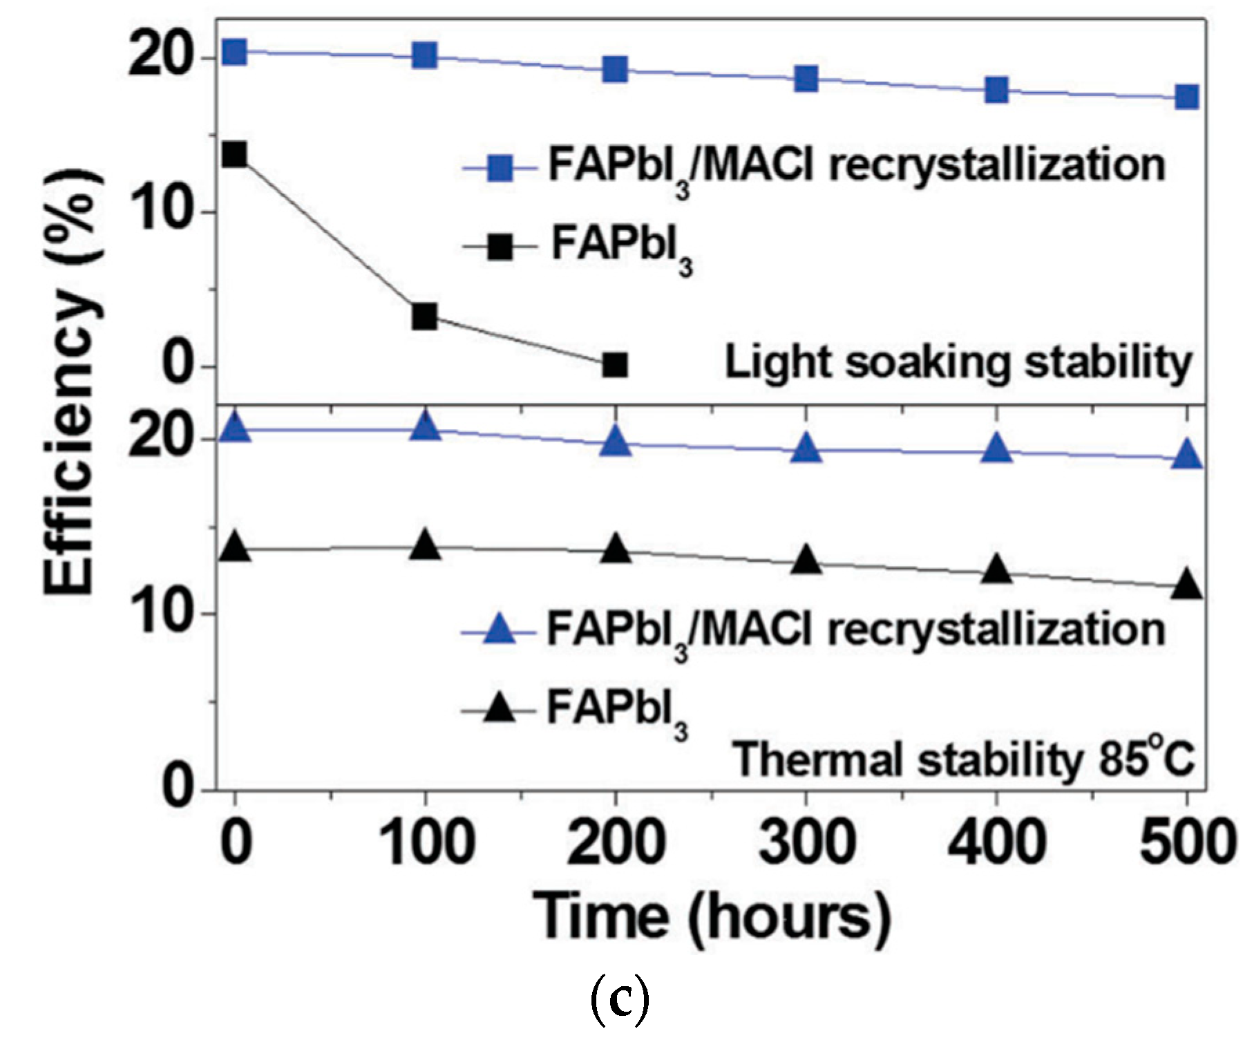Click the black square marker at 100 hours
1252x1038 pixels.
(x=424, y=317)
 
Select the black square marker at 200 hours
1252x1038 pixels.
(x=615, y=364)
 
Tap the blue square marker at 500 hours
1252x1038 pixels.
(x=1187, y=97)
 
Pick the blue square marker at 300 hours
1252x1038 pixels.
(x=806, y=78)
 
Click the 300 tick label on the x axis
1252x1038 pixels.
(x=806, y=842)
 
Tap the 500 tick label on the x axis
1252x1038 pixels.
(x=1187, y=842)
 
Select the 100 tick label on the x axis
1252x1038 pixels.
(x=427, y=842)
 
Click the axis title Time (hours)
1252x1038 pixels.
(x=712, y=918)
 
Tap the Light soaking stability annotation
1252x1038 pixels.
(x=958, y=363)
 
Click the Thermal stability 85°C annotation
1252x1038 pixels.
(x=963, y=759)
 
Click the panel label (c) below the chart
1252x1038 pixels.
(x=620, y=1001)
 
